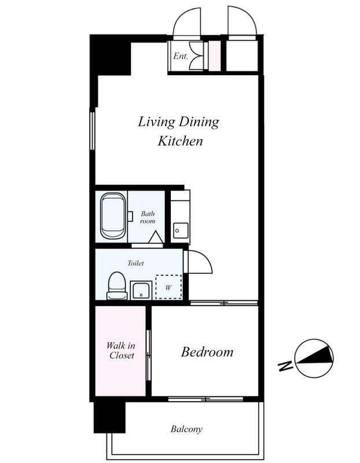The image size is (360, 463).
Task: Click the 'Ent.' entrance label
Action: point(181,56)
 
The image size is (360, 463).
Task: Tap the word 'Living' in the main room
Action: point(156,122)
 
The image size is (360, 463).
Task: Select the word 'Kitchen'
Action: point(181,141)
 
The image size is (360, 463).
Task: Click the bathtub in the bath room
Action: point(113,216)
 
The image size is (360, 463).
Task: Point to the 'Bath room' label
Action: point(148,217)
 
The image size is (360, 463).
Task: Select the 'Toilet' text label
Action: point(136,263)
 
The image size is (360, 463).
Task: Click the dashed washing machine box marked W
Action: point(168,287)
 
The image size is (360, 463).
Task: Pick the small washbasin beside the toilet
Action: point(141,290)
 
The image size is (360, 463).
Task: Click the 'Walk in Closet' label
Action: point(121,351)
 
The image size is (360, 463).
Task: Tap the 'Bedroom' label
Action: point(207,352)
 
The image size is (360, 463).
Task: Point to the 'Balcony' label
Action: point(186,429)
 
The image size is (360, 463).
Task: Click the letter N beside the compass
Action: point(285,366)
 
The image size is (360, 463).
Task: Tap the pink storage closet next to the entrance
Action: point(214,56)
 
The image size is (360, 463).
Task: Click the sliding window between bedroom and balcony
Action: point(205,399)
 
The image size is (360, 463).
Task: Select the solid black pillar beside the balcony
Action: point(109,417)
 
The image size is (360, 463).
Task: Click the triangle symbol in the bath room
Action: point(156,238)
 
